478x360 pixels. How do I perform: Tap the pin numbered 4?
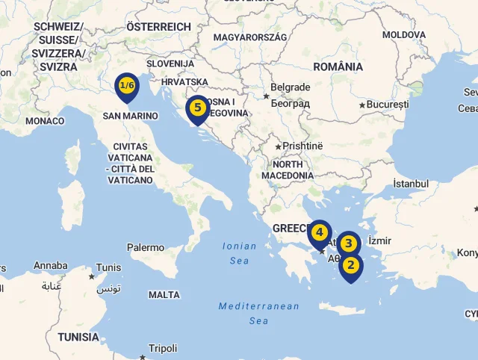320,233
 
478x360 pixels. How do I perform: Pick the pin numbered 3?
348,243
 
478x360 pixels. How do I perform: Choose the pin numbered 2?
350,265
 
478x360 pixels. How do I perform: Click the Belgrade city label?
290,87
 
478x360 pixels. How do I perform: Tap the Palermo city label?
146,247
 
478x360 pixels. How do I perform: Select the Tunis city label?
108,267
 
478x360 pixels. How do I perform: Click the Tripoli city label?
163,348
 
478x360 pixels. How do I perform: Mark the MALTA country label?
164,295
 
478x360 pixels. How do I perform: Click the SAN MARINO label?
130,116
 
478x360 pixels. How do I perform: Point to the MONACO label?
45,121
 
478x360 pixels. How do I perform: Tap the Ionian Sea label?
239,253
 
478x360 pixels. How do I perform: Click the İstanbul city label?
411,184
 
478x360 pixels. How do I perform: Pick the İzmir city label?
379,240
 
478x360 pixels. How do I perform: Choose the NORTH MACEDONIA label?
288,170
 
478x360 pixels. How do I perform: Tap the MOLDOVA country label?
403,34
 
